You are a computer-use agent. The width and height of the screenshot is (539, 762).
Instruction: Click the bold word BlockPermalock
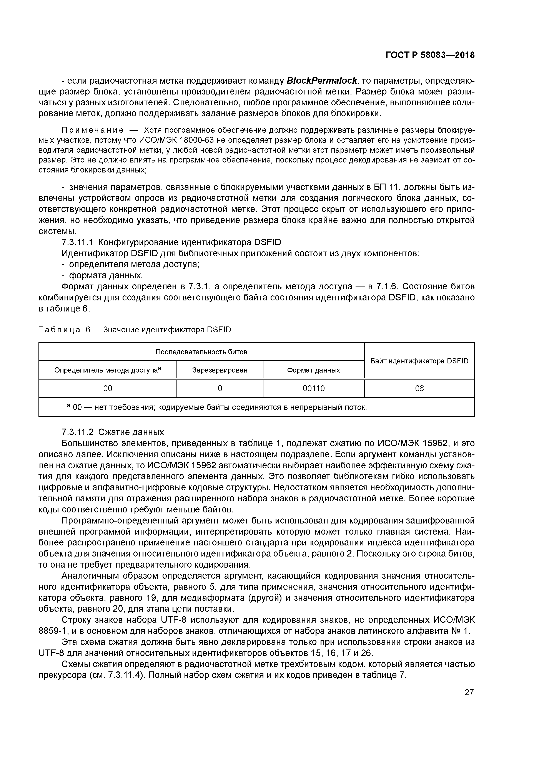[x=321, y=81]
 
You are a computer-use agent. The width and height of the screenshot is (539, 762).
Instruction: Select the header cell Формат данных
[x=313, y=370]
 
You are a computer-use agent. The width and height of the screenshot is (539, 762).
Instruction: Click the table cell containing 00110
[x=313, y=389]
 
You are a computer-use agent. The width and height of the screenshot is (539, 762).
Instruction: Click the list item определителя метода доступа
[x=134, y=265]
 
